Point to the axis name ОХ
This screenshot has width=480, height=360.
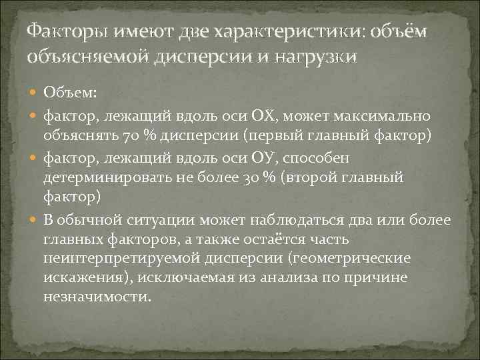pyautogui.click(x=267, y=118)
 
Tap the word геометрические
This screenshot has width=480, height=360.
pyautogui.click(x=362, y=257)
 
